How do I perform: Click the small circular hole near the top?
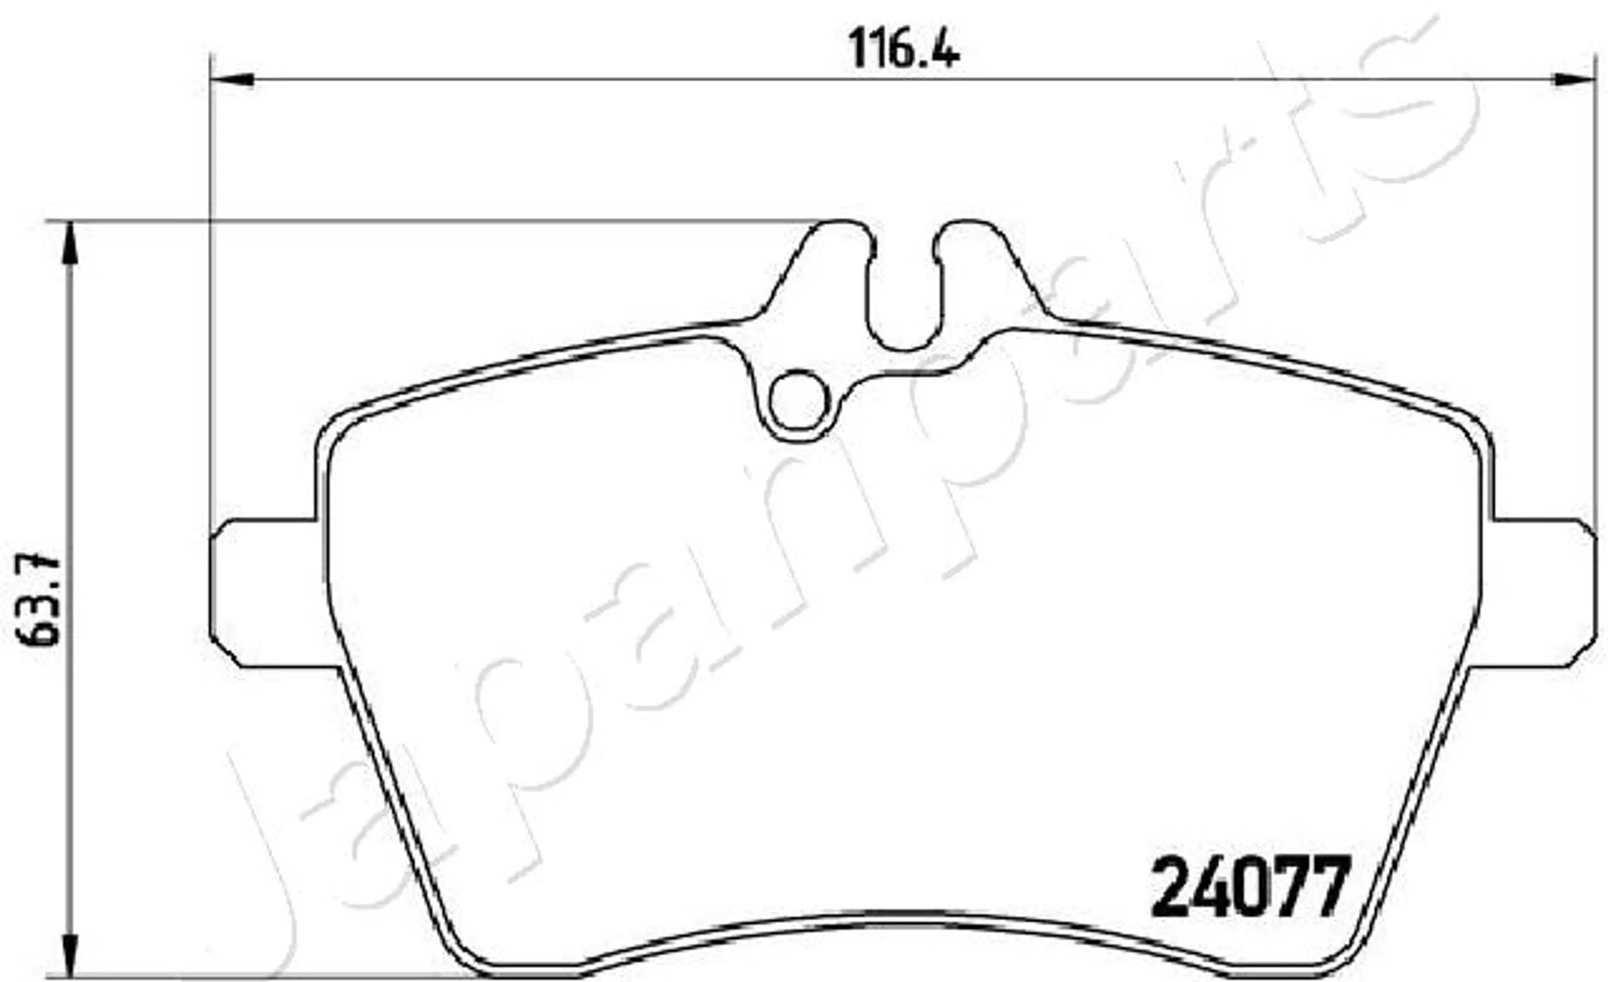(799, 400)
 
